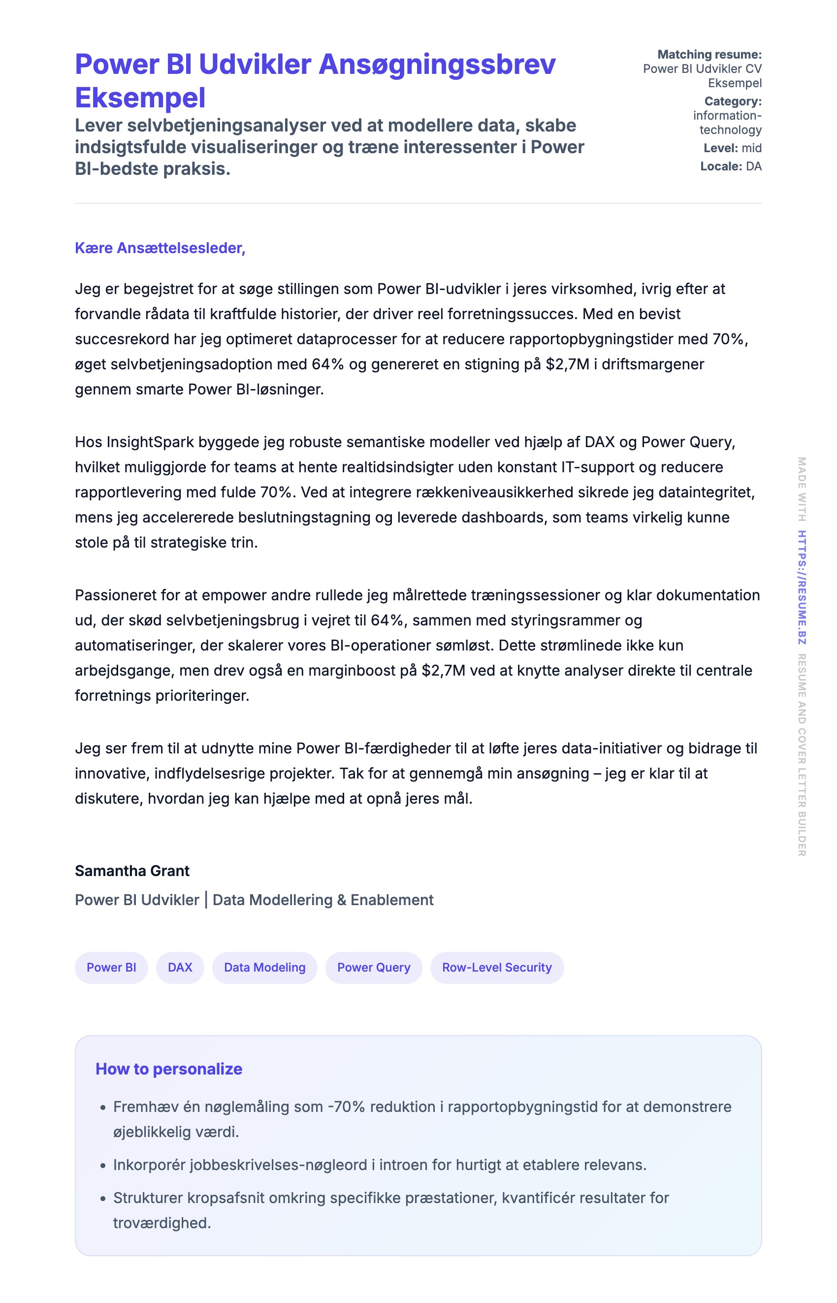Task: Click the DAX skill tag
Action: tap(180, 967)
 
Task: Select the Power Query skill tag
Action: tap(373, 967)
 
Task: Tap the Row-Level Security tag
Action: tap(496, 967)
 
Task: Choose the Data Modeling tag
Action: tap(265, 967)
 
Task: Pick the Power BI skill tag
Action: tap(111, 967)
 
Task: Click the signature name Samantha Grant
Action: tap(132, 871)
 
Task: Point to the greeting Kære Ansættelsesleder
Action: tap(160, 248)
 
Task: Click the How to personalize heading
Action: tap(168, 1069)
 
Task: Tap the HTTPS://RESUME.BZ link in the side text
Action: tap(802, 587)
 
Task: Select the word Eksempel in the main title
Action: tap(140, 98)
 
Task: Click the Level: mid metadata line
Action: tap(732, 148)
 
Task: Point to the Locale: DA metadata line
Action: tap(731, 166)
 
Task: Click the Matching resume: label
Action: tap(709, 54)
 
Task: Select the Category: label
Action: tap(733, 101)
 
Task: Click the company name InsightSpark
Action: tap(150, 442)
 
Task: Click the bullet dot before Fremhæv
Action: tap(103, 1108)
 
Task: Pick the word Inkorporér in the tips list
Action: tap(149, 1165)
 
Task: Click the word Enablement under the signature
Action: tap(392, 900)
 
